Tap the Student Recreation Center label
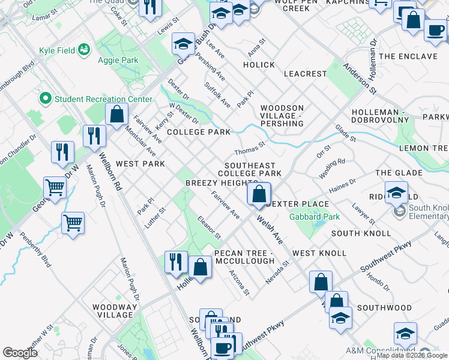tap(103, 99)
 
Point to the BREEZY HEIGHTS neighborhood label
tap(221, 182)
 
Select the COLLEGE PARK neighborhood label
tap(199, 131)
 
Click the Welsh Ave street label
tap(270, 230)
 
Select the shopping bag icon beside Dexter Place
tap(259, 194)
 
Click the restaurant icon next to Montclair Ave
tap(94, 136)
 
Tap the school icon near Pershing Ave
tap(183, 43)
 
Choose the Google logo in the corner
tap(20, 353)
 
